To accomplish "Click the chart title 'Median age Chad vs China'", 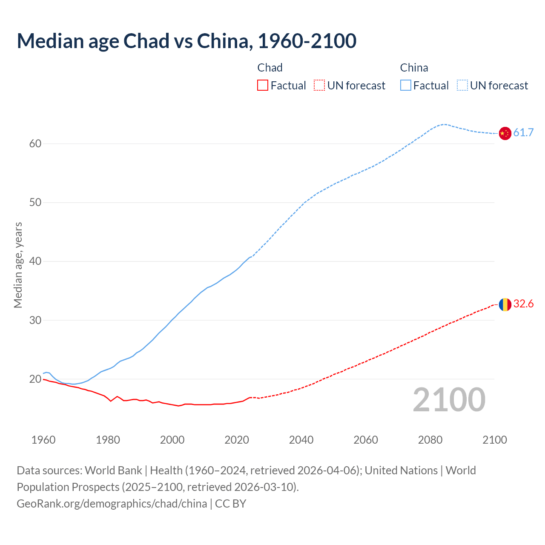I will click(x=186, y=41).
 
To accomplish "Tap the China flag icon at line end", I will click(x=505, y=133).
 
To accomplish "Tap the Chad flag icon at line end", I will click(x=505, y=304).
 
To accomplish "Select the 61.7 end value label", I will click(x=523, y=133).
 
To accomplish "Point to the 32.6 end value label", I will click(x=523, y=304).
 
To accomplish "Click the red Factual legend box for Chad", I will click(x=263, y=86).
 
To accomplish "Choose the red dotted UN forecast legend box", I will click(x=319, y=86).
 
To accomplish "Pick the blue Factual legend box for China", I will click(x=406, y=86).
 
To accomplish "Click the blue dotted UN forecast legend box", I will click(x=462, y=86).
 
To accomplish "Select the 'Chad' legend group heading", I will click(x=270, y=68).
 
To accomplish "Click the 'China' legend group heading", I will click(x=414, y=68).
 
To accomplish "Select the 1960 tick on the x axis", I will click(x=43, y=440).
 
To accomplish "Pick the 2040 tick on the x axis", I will click(x=301, y=440).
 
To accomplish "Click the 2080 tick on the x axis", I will click(x=430, y=440).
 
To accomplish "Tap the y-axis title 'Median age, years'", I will click(x=18, y=265).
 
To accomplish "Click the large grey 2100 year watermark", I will click(x=449, y=400).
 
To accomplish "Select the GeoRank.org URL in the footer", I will click(x=112, y=504).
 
